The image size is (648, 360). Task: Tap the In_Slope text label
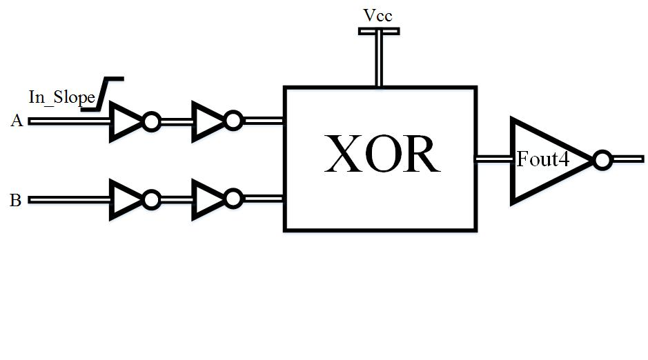(61, 97)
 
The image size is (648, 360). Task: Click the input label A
(17, 121)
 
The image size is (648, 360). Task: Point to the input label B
(15, 201)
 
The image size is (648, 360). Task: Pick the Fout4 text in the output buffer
(543, 160)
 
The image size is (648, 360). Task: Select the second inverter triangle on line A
(207, 122)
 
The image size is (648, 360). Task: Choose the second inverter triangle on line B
(207, 200)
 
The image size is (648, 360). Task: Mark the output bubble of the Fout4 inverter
(602, 161)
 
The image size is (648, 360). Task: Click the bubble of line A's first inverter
(151, 122)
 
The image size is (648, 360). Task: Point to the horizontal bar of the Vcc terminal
(378, 31)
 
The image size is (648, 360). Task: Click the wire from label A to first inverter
(69, 121)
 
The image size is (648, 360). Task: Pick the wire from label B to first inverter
(69, 200)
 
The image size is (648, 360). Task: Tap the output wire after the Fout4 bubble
(627, 160)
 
